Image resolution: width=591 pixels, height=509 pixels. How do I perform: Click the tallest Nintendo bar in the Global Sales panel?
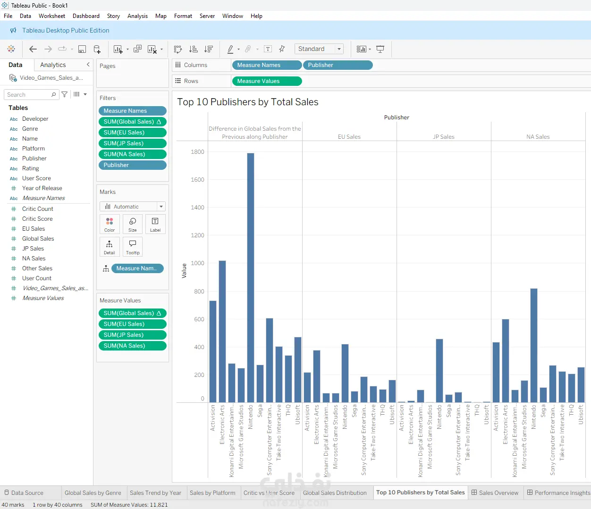(x=251, y=277)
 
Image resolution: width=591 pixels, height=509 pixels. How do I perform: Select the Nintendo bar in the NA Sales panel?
(x=533, y=345)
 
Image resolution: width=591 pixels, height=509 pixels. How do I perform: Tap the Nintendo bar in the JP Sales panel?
(x=439, y=370)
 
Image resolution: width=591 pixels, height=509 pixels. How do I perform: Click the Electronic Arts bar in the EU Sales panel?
(x=317, y=376)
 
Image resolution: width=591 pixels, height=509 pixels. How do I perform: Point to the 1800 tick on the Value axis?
(x=198, y=152)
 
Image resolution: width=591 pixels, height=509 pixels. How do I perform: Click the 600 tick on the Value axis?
(x=199, y=319)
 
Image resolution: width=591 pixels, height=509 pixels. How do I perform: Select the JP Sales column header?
(x=443, y=137)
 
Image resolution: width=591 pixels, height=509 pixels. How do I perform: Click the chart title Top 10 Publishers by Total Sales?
(x=248, y=102)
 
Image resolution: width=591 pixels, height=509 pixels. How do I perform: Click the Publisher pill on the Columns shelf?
(x=338, y=65)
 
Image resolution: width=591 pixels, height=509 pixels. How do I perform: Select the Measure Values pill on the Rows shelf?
(x=267, y=81)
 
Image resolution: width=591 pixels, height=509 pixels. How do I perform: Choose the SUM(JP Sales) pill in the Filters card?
(x=133, y=143)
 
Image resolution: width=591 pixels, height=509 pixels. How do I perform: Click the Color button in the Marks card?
(x=110, y=225)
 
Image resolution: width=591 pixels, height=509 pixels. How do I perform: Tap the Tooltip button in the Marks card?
(x=132, y=247)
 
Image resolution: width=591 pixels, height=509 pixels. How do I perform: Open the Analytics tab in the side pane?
(x=53, y=65)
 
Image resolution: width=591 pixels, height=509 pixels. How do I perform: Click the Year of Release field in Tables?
(x=42, y=188)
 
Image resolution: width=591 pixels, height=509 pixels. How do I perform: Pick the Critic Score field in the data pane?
(x=37, y=218)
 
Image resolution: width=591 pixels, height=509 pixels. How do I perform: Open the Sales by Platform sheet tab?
(x=212, y=492)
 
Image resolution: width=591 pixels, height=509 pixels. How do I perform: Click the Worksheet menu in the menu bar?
(x=52, y=16)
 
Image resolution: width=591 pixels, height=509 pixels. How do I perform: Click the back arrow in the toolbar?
(x=33, y=49)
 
